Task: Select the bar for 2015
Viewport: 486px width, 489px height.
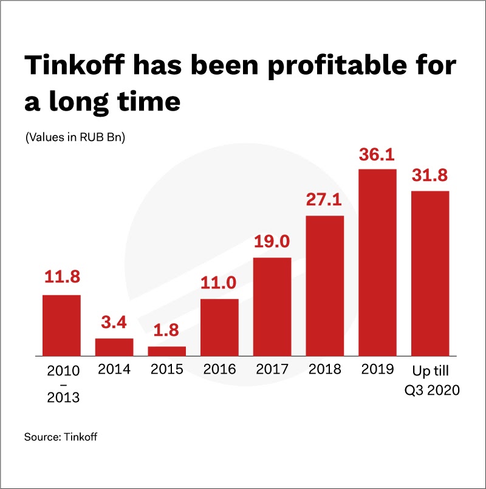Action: pyautogui.click(x=166, y=351)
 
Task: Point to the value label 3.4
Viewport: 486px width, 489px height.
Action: pyautogui.click(x=114, y=323)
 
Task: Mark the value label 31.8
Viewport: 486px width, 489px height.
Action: pyautogui.click(x=430, y=176)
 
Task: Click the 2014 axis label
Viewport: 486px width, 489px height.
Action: pyautogui.click(x=114, y=369)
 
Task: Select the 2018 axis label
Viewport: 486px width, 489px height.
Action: pyautogui.click(x=325, y=369)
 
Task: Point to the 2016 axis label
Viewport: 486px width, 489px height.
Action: pyautogui.click(x=219, y=369)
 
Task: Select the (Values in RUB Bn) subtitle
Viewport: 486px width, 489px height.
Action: pyautogui.click(x=75, y=138)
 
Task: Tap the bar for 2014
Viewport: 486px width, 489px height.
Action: pyautogui.click(x=114, y=347)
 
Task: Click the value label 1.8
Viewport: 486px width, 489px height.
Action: pyautogui.click(x=166, y=331)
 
